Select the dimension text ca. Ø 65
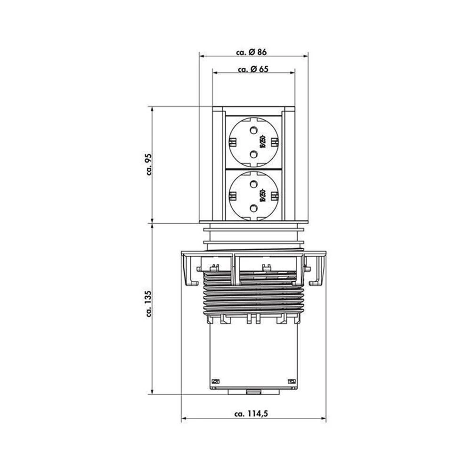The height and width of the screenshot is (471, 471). [x=253, y=69]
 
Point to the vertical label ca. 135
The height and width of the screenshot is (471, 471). [x=147, y=305]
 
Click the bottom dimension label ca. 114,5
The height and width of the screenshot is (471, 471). [x=253, y=414]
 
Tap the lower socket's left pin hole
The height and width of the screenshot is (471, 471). [x=233, y=194]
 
